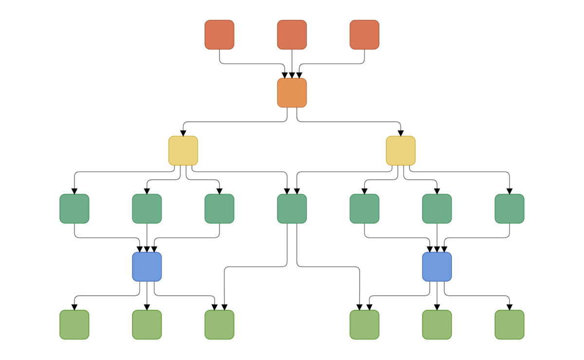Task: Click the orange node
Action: click(x=292, y=92)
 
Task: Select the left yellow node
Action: click(x=183, y=150)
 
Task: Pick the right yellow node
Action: click(x=401, y=150)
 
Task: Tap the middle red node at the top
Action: click(x=292, y=35)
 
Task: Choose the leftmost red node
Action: click(x=219, y=35)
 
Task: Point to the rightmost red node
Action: click(x=365, y=35)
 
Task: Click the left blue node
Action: click(x=147, y=267)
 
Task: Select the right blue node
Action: click(x=437, y=267)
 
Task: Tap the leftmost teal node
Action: click(x=74, y=209)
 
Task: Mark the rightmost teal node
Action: click(x=510, y=209)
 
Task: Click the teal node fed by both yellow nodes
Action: click(x=292, y=209)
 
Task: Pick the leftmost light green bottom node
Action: click(x=74, y=324)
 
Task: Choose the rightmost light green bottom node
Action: click(x=510, y=324)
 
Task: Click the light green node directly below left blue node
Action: click(x=147, y=324)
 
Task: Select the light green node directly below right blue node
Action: click(x=437, y=324)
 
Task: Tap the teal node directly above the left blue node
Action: click(x=147, y=209)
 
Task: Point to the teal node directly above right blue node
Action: click(x=437, y=209)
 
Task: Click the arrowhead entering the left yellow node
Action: click(x=183, y=133)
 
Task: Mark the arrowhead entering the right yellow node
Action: click(x=401, y=133)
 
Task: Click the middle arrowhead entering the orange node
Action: click(x=292, y=75)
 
